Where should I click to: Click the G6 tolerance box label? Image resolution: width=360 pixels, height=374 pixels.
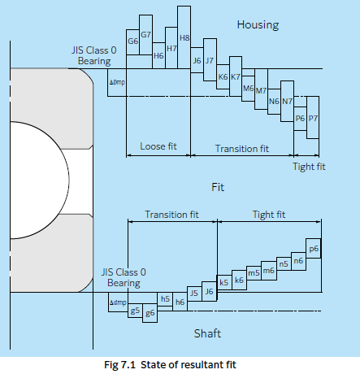(x=132, y=41)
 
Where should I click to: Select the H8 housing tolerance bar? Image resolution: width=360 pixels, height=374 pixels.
(x=184, y=37)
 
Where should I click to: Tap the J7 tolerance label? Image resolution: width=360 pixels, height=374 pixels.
(x=210, y=60)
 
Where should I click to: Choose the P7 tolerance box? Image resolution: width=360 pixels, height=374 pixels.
(x=313, y=117)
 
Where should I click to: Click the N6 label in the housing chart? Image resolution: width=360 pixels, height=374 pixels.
(x=274, y=102)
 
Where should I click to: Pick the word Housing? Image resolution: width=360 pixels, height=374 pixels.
(x=258, y=25)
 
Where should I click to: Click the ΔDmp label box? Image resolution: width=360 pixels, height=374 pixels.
(x=117, y=82)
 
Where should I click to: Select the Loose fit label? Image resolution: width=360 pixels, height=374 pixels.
(x=158, y=146)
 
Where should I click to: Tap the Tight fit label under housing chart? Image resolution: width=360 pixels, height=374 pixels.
(x=309, y=167)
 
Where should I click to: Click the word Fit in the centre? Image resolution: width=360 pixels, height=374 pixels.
(x=218, y=187)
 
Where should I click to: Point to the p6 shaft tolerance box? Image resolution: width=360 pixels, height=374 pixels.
(x=314, y=248)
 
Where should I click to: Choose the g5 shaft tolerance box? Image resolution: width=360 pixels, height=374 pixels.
(x=135, y=311)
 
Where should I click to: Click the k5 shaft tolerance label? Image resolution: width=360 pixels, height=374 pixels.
(x=223, y=283)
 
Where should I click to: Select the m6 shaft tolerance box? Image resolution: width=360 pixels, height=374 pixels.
(x=269, y=271)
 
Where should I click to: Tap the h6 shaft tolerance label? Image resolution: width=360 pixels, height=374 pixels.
(x=180, y=302)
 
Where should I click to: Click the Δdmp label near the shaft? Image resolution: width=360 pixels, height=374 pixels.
(x=118, y=302)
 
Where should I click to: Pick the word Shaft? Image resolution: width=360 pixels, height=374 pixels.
(x=207, y=333)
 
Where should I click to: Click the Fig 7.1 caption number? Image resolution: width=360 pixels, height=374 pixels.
(x=119, y=365)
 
